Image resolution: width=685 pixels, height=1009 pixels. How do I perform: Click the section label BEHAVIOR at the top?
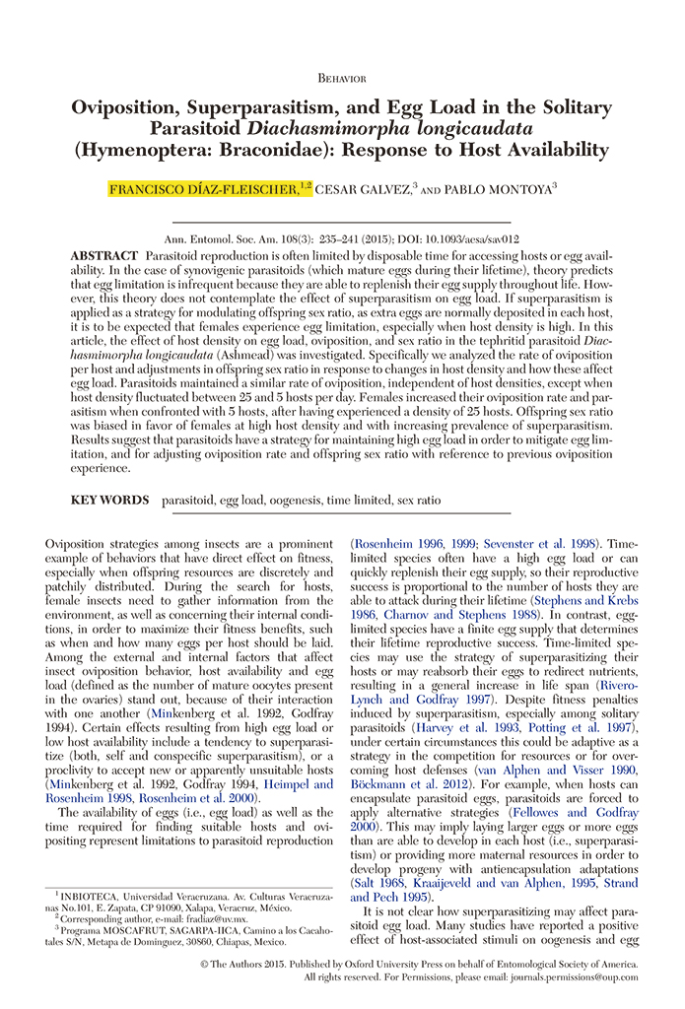[x=342, y=77]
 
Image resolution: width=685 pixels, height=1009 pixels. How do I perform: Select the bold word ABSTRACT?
[x=103, y=255]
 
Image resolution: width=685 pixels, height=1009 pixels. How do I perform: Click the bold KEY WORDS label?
[x=109, y=501]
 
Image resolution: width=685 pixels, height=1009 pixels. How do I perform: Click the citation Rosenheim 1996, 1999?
[x=416, y=543]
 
